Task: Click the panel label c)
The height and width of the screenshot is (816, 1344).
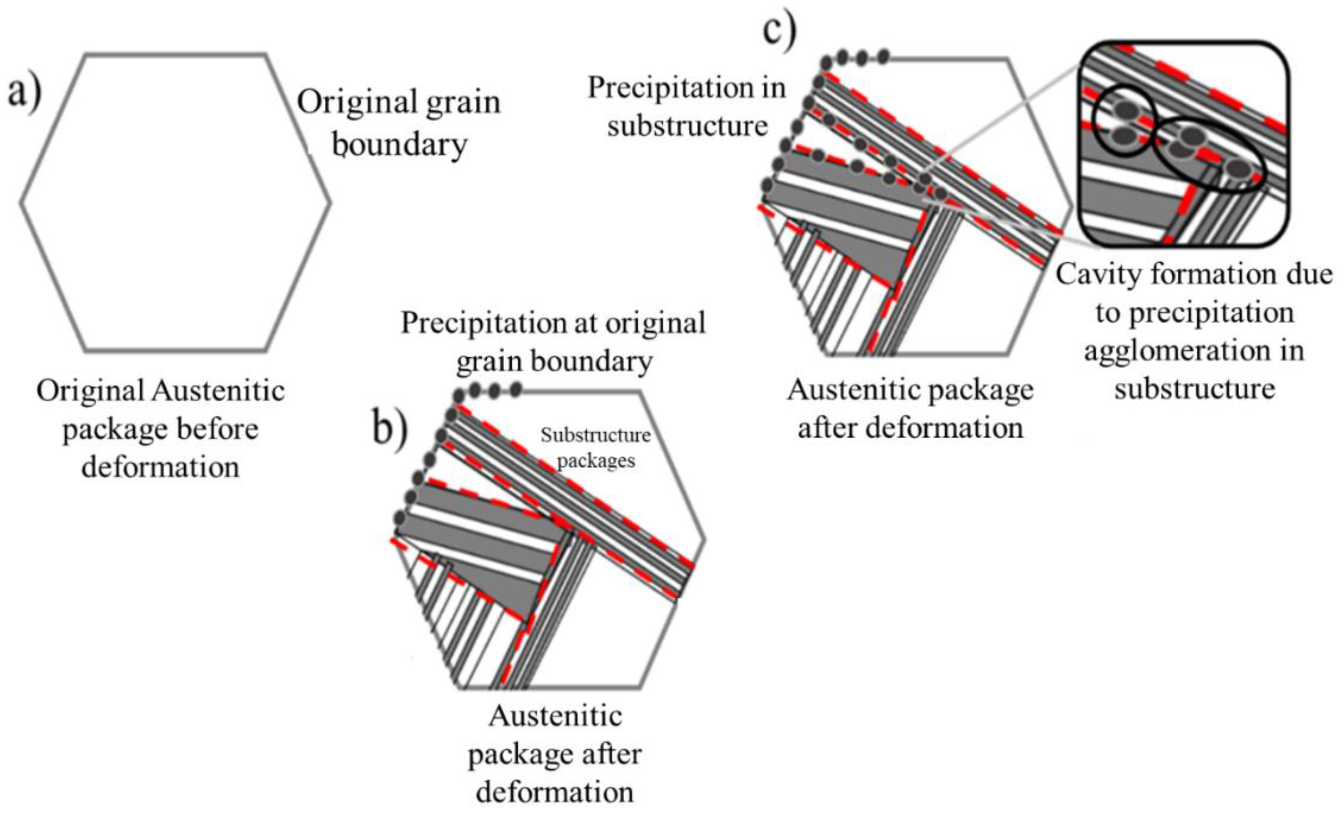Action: coord(779,30)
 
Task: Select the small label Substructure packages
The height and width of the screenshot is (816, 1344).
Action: coord(596,447)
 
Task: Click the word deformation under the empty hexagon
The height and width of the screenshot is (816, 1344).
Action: coord(160,468)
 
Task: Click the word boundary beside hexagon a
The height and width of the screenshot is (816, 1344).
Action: coord(400,145)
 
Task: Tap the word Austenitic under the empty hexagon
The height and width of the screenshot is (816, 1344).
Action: coord(218,390)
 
